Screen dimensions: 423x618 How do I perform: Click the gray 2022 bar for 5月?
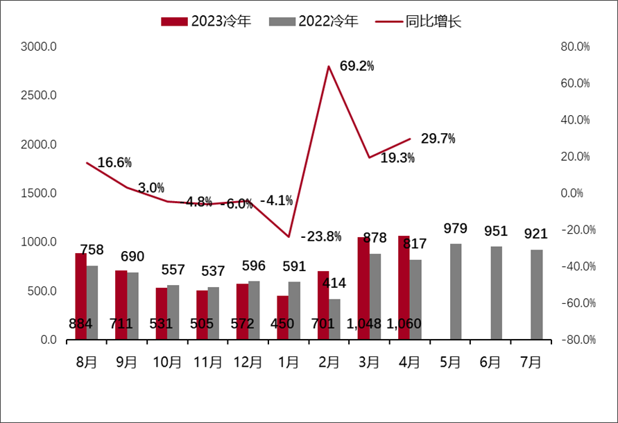tap(456, 292)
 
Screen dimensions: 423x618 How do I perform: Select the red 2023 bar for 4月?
tap(404, 288)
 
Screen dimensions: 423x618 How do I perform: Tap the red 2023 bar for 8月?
tap(81, 297)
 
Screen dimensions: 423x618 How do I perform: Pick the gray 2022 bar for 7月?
tap(536, 295)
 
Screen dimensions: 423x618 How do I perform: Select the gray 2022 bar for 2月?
tap(334, 319)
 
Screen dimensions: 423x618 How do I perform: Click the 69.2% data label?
tap(357, 67)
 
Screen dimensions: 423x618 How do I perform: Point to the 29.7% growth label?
tap(438, 139)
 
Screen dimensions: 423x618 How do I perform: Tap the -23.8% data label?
tap(321, 236)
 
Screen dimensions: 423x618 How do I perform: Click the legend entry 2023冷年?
tap(206, 21)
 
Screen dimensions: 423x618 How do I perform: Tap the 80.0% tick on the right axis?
tap(574, 47)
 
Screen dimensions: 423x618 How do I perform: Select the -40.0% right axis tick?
tap(574, 267)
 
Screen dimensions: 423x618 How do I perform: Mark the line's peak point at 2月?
tap(328, 67)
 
